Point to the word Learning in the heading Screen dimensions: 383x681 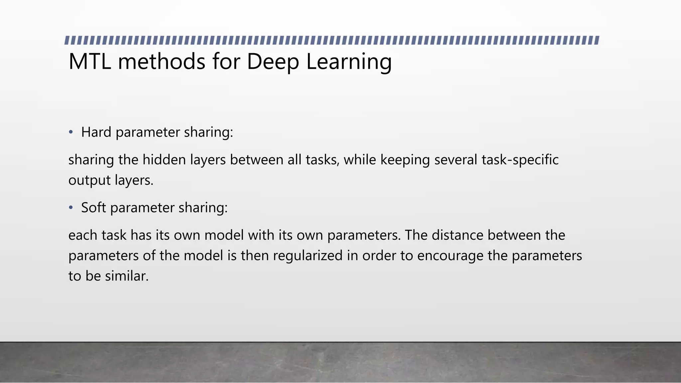click(x=349, y=62)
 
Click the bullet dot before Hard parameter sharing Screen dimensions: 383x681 click(x=70, y=132)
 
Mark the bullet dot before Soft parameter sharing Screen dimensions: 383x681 click(x=70, y=208)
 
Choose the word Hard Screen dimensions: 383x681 click(x=96, y=132)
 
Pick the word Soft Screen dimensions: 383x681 click(x=93, y=207)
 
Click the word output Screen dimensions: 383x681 click(x=89, y=181)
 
